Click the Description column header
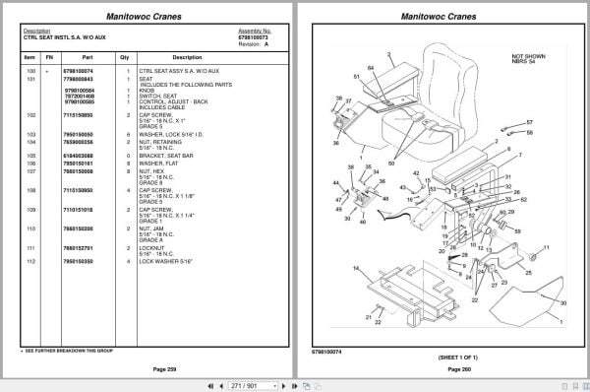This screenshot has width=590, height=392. (187, 57)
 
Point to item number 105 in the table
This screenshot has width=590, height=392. (30, 155)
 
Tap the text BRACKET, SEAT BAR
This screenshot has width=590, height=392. (168, 155)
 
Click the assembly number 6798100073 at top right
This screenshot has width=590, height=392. (255, 37)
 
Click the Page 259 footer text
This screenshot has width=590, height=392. (151, 368)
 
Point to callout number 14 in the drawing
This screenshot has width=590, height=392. (355, 268)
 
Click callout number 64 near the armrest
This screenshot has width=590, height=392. (371, 67)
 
